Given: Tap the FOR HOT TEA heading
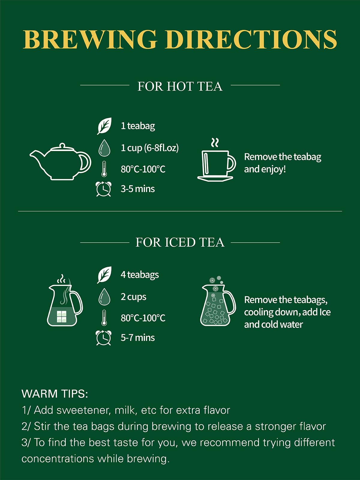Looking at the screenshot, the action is pos(180,86).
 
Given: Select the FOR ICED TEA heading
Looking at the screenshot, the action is pos(180,242).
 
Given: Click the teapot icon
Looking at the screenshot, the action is pos(60,162).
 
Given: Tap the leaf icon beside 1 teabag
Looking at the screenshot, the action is pos(104,126).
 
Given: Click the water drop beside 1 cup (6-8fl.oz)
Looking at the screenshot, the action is pos(104,148).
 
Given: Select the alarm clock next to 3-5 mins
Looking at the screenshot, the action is pos(103,189).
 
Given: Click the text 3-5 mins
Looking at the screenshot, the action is pos(138,189).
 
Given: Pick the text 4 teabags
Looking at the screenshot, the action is pos(140,275).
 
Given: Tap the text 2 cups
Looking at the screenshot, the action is pos(133,297).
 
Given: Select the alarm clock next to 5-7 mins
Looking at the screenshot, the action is pos(103,338).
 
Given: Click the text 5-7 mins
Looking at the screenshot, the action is pos(138,338).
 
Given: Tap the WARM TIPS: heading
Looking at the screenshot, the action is pos(55,394).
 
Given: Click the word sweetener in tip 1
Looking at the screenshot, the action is pos(83,410).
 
